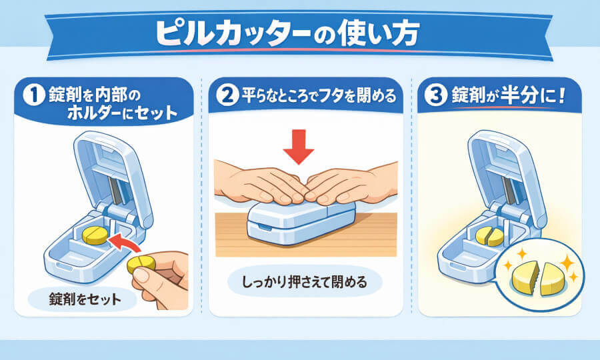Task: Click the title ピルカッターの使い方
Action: (287, 33)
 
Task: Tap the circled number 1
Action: (34, 95)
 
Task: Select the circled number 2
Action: (227, 95)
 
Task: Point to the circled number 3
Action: (436, 95)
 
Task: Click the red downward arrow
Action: (299, 147)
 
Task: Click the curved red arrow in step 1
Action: (123, 242)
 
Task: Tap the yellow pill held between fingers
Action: (141, 264)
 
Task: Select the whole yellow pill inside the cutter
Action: (95, 235)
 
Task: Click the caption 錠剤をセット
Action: (85, 299)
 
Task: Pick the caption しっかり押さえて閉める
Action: (305, 282)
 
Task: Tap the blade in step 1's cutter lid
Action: (113, 190)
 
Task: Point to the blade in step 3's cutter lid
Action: (508, 190)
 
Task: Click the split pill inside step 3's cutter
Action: (490, 236)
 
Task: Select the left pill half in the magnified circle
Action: (526, 279)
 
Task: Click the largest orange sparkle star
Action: (567, 263)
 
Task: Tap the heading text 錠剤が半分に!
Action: (509, 95)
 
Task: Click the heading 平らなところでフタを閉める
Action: (319, 95)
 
